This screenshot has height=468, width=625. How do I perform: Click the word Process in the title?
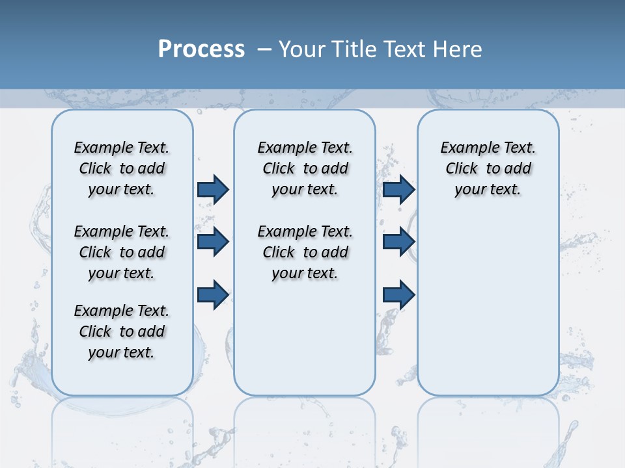(x=201, y=49)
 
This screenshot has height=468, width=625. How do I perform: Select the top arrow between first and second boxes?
(x=213, y=189)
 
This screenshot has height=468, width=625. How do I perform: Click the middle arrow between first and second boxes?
(x=213, y=242)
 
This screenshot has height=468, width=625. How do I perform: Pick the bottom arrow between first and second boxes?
(x=213, y=294)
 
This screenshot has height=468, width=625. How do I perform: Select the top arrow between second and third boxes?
(x=398, y=189)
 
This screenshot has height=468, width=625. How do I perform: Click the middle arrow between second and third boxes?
(x=398, y=242)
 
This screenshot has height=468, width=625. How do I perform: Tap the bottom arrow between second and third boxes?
(x=398, y=294)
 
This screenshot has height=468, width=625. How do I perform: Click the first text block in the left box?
(x=122, y=168)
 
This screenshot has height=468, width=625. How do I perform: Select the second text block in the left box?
(x=122, y=252)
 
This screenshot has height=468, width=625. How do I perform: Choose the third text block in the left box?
(x=122, y=331)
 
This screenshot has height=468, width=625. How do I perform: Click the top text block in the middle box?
(x=305, y=168)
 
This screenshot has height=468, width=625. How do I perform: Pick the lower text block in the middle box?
(x=305, y=252)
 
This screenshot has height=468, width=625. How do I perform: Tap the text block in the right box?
(x=488, y=168)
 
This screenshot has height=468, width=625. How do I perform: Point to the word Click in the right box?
(x=462, y=169)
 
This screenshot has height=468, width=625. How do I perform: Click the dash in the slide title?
(x=265, y=49)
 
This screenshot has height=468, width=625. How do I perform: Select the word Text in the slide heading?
(x=404, y=49)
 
